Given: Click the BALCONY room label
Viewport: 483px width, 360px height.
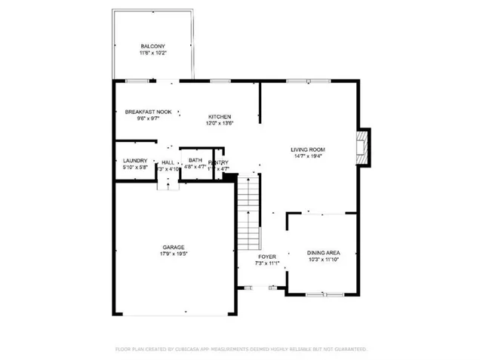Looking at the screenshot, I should click(x=153, y=46).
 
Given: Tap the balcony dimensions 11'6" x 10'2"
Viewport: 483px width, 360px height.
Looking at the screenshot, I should click(x=153, y=54).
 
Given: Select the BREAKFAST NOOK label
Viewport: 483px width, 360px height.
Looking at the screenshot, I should click(x=148, y=112).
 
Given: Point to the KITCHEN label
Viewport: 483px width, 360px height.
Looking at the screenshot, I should click(x=220, y=116).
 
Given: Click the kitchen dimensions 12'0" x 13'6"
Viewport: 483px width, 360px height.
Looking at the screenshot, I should click(x=220, y=123).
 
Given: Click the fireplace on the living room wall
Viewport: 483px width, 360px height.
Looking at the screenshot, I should click(x=364, y=144).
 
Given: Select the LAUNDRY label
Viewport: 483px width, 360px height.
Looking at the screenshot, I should click(x=134, y=161).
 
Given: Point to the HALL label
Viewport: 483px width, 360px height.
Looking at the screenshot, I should click(x=168, y=162).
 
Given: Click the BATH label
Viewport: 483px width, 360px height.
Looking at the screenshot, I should click(x=195, y=160).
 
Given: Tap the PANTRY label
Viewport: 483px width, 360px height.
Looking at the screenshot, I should click(x=219, y=162).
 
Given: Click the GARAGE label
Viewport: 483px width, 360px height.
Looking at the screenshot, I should click(x=173, y=248).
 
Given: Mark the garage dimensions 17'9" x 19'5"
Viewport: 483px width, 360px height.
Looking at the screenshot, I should click(x=173, y=255).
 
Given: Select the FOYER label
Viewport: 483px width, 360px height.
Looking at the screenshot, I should click(x=267, y=257).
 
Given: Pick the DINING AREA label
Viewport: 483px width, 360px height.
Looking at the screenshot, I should click(x=323, y=253).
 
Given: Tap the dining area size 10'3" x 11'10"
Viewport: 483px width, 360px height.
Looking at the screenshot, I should click(x=323, y=260).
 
